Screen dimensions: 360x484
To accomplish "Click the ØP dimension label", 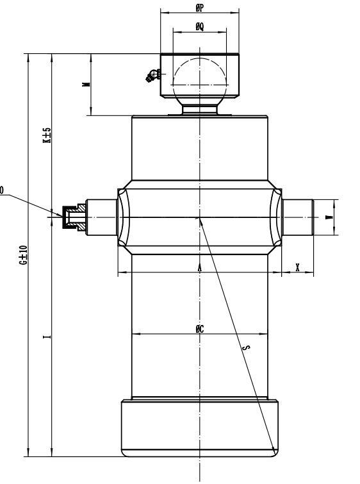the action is click(200, 8).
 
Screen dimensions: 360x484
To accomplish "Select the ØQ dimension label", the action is click(200, 27).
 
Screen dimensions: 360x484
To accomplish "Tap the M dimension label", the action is click(87, 84).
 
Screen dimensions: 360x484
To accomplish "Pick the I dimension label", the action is click(47, 337).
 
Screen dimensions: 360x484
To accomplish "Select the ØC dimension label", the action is click(200, 329).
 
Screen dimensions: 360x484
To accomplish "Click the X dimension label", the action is click(297, 267).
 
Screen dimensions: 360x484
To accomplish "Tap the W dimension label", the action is click(330, 217).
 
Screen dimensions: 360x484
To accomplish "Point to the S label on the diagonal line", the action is click(247, 347).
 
